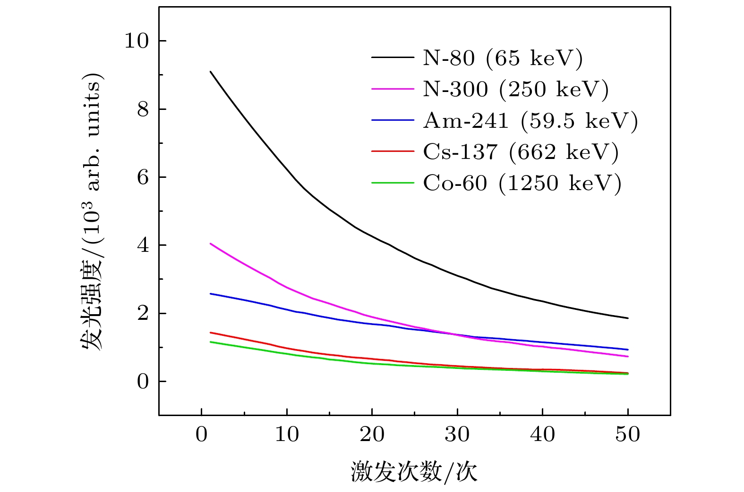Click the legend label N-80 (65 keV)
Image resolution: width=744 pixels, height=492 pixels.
pyautogui.click(x=503, y=58)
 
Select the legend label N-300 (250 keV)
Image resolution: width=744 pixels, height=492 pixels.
pyautogui.click(x=515, y=89)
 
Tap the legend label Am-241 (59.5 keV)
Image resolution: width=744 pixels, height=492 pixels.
pyautogui.click(x=530, y=121)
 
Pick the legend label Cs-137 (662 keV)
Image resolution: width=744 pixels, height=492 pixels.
pyautogui.click(x=521, y=152)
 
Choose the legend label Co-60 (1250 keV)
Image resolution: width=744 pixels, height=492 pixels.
pyautogui.click(x=522, y=183)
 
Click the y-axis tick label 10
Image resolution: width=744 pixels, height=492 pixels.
pyautogui.click(x=136, y=41)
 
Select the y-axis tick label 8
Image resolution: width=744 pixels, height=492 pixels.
pyautogui.click(x=143, y=109)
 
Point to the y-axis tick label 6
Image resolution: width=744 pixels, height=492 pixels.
pyautogui.click(x=143, y=177)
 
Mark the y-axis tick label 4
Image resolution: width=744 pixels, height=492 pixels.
pyautogui.click(x=143, y=245)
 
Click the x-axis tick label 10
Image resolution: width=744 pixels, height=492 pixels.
pyautogui.click(x=287, y=434)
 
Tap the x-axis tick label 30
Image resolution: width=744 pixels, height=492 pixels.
pyautogui.click(x=457, y=434)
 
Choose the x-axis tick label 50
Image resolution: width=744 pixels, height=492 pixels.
pyautogui.click(x=627, y=434)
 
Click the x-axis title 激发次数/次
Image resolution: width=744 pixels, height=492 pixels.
pyautogui.click(x=414, y=472)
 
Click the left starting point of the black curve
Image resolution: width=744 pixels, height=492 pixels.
pyautogui.click(x=210, y=72)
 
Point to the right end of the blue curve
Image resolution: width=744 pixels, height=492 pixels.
pyautogui.click(x=628, y=350)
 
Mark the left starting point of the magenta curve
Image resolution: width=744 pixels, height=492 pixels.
pyautogui.click(x=210, y=243)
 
